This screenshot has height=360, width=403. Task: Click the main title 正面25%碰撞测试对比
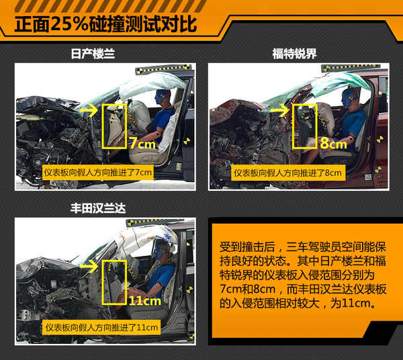[x=105, y=24]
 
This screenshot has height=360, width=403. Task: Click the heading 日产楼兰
[x=93, y=54]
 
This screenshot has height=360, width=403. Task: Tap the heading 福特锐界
[x=294, y=54]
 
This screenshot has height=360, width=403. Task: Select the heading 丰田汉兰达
[x=98, y=208]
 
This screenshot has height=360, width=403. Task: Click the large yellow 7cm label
[x=142, y=143]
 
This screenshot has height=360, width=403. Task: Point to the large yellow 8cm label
[x=334, y=143]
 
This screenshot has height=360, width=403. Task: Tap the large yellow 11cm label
[x=144, y=300]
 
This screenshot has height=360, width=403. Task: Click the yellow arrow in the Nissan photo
[x=89, y=111]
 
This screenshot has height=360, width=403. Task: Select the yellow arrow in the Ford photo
[x=279, y=111]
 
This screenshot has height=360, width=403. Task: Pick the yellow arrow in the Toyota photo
[x=89, y=266]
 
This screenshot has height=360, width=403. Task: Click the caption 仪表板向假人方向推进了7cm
[x=98, y=172]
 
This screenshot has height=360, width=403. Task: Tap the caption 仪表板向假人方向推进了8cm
[x=288, y=173]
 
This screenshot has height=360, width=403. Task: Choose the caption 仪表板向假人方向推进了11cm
[x=101, y=327]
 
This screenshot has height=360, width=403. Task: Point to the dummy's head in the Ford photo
[x=349, y=97]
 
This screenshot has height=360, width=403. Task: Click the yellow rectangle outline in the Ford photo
[x=293, y=126]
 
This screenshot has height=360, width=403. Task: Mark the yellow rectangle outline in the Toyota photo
[x=103, y=282]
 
